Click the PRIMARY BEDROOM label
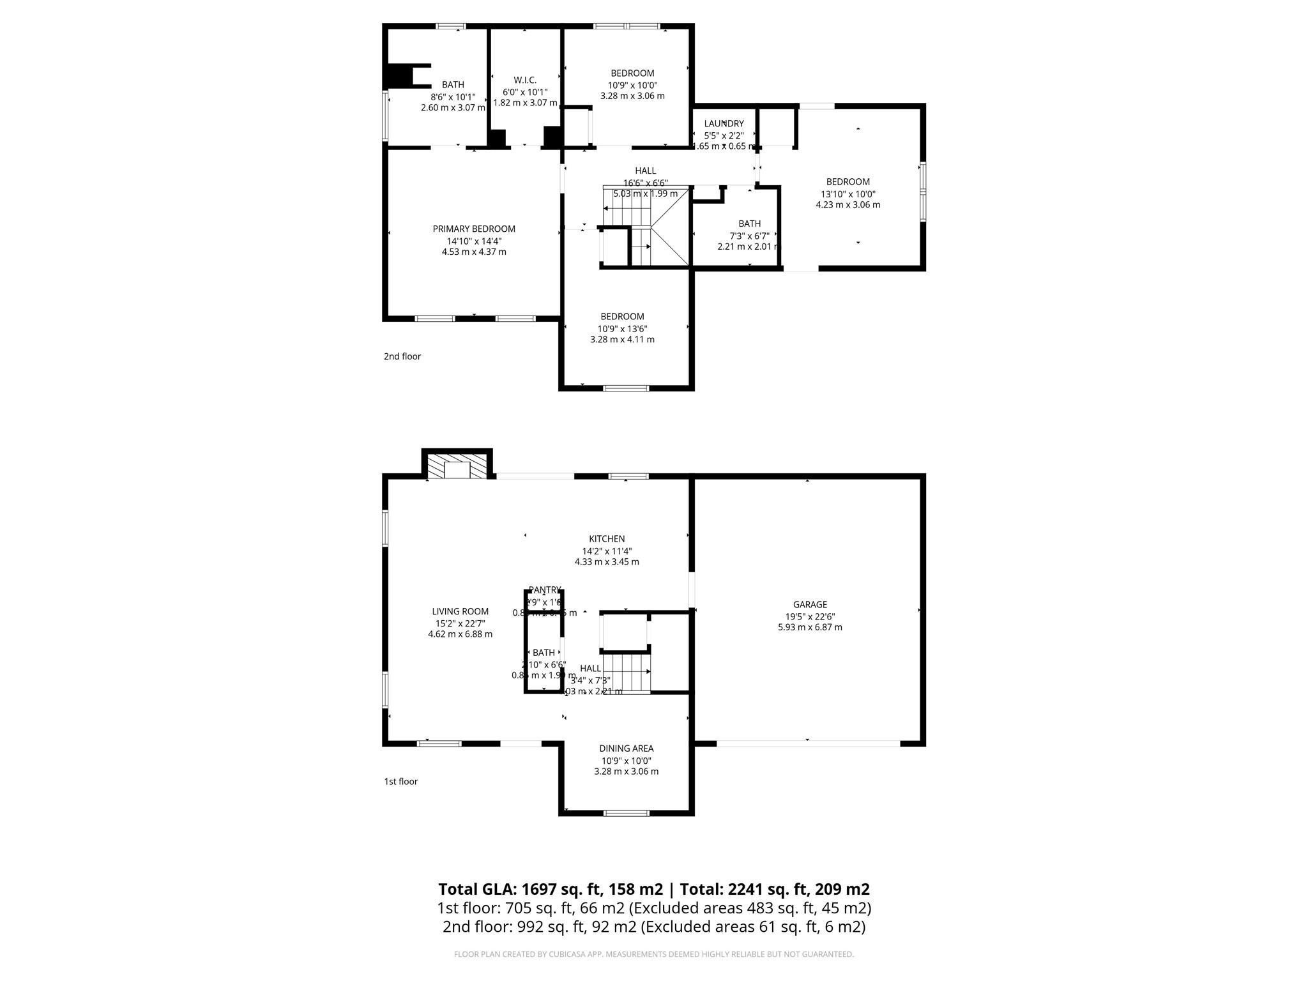point(474,229)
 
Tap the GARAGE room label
point(810,604)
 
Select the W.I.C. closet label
point(525,80)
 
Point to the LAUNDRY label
point(724,124)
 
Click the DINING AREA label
point(626,749)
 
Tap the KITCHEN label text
point(607,539)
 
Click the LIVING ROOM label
point(460,611)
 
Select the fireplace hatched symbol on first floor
point(457,466)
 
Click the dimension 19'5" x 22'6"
point(810,616)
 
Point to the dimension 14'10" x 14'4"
point(474,241)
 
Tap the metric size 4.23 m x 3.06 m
point(848,205)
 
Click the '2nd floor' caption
point(402,356)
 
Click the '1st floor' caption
point(400,781)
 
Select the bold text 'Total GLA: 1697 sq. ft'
point(550,889)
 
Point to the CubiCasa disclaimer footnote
point(653,954)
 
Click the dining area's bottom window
point(627,813)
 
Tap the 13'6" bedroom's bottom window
point(627,388)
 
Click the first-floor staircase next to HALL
point(627,673)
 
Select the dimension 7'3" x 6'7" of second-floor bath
point(749,235)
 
